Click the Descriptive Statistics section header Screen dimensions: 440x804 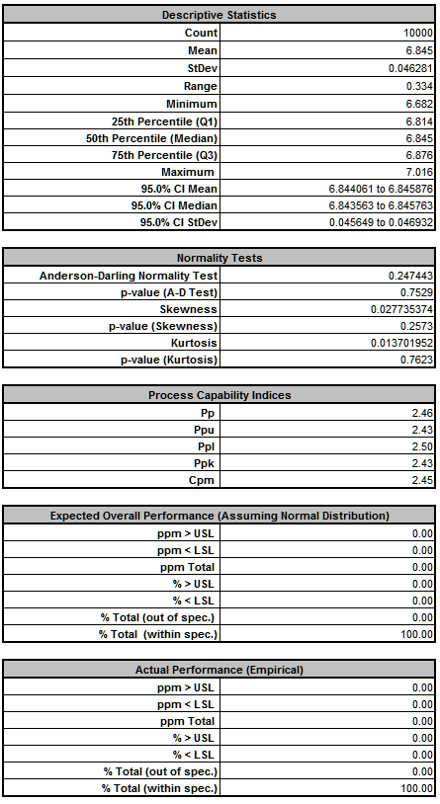tap(220, 15)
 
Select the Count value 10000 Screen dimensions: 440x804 tap(418, 33)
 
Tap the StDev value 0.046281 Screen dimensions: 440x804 tap(410, 68)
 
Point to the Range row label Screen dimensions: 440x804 tap(201, 86)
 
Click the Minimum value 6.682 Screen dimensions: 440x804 tap(419, 104)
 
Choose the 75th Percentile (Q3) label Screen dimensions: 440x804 tap(164, 155)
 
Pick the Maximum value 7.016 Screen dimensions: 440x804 tap(419, 172)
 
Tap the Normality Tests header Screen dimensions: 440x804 tap(220, 258)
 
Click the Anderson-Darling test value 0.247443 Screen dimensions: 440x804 tap(410, 276)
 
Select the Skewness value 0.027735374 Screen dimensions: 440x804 tap(401, 309)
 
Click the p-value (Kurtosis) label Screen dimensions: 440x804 tap(169, 360)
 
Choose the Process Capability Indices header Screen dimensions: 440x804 tap(220, 395)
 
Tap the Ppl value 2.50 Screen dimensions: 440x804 tap(422, 446)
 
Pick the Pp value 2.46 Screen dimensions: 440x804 tap(422, 413)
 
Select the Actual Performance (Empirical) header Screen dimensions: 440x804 tap(220, 670)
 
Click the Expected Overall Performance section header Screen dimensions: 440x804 tap(220, 516)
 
